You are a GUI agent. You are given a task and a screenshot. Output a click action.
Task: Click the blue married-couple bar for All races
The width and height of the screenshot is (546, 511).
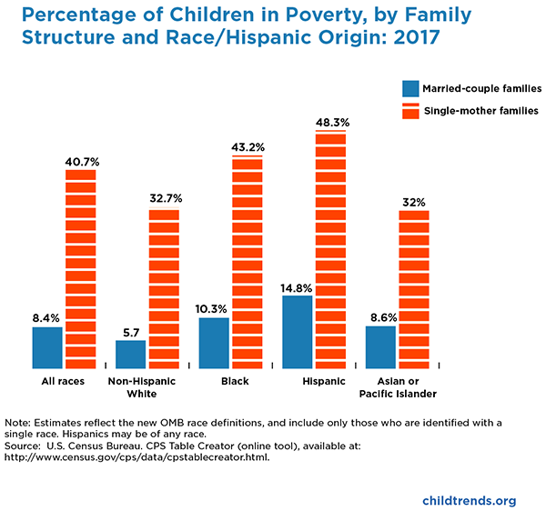coord(47,346)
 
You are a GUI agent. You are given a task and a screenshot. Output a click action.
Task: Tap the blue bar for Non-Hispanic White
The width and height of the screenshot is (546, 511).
coord(131,353)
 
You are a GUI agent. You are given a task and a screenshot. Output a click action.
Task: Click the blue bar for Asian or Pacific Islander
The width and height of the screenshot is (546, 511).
coord(380,346)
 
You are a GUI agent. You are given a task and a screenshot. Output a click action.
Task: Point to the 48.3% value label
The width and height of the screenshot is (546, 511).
coord(331,122)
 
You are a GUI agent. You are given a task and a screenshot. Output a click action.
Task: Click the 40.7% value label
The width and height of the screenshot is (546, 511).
coord(81,161)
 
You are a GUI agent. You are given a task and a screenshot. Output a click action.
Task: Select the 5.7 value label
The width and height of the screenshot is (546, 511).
coord(131,331)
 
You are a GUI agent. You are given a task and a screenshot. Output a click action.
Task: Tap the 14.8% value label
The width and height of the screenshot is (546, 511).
coord(297,286)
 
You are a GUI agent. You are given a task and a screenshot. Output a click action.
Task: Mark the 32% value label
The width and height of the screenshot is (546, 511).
coord(414,201)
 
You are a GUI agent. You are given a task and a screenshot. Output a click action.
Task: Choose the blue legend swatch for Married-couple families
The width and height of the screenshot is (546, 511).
coord(410,88)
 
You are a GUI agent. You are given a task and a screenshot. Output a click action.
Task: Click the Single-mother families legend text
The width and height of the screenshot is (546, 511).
coord(483,111)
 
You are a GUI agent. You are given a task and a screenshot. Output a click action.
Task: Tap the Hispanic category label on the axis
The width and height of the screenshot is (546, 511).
coord(323,381)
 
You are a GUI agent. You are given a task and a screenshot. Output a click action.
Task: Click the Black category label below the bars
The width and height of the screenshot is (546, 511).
coord(235,381)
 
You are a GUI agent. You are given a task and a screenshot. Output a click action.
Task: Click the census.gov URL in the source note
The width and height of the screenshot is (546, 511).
coord(136,457)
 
